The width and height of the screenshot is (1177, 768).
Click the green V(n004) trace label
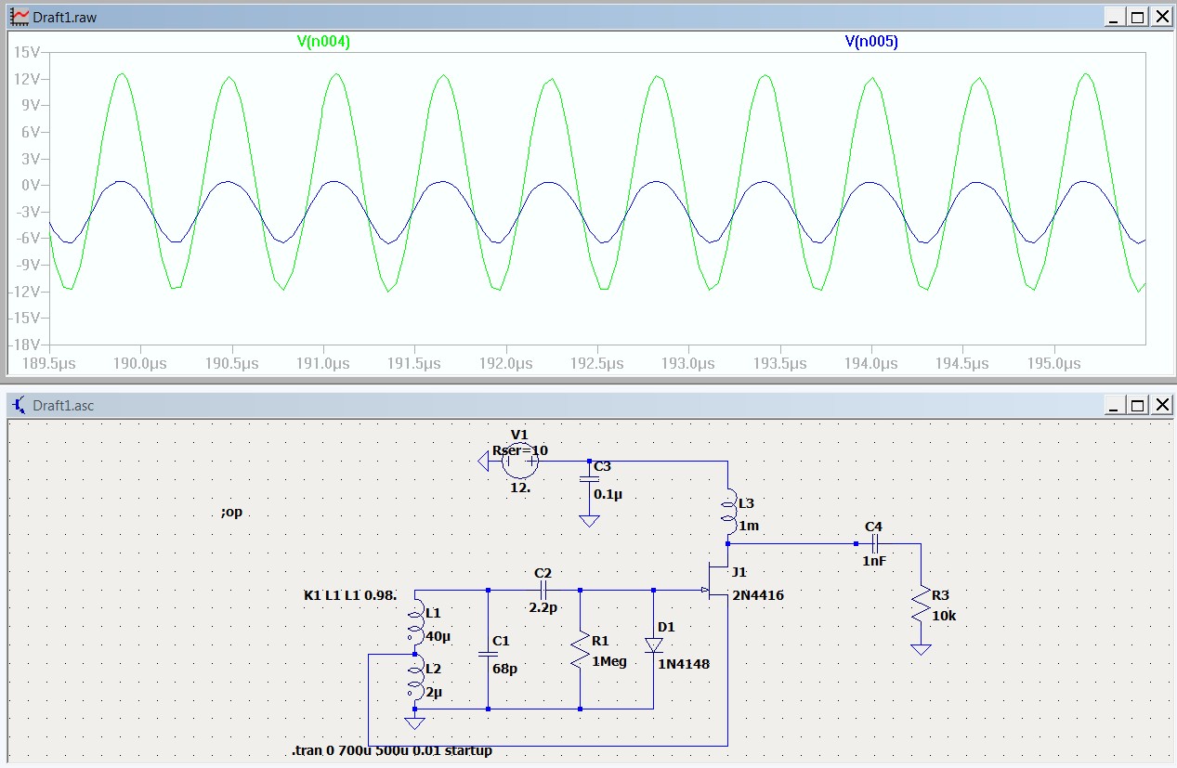coord(323,41)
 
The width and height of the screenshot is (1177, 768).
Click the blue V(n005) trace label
coord(871,41)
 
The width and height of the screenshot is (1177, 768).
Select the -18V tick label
coord(24,345)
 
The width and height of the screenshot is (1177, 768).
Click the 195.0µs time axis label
coord(1053,363)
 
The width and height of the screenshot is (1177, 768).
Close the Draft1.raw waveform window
coord(1163,17)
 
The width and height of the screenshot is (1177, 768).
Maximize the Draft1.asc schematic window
coord(1138,405)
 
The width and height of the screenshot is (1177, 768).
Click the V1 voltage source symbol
coord(520,462)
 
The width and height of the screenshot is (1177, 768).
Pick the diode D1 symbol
coord(653,645)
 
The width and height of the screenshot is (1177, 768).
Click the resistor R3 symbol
coord(921,605)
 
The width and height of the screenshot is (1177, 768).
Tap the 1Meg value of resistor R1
coord(609,661)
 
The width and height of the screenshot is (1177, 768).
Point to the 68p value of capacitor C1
coord(504,669)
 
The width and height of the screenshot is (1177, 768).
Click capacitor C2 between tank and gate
coord(543,590)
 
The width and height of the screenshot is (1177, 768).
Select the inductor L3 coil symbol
coord(728,512)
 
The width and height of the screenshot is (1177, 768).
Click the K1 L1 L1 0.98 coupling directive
coord(350,595)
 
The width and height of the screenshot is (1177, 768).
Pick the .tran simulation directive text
coord(392,750)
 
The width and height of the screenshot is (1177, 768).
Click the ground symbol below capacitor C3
coord(589,521)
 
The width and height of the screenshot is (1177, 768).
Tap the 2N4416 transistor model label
coord(758,595)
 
